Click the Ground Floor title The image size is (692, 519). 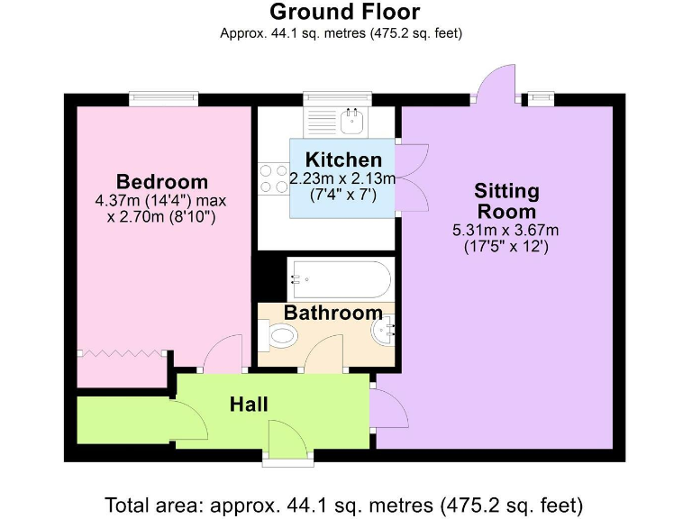click(344, 13)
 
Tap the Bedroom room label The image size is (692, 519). click(162, 181)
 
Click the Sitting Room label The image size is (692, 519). click(506, 201)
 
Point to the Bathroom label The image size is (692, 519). click(332, 313)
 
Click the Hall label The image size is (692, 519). click(249, 405)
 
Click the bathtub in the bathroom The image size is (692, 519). click(340, 278)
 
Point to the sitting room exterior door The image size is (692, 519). click(497, 83)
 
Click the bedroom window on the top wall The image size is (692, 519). click(163, 97)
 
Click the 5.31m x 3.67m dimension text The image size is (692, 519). click(505, 231)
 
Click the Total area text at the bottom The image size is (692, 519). click(344, 503)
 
